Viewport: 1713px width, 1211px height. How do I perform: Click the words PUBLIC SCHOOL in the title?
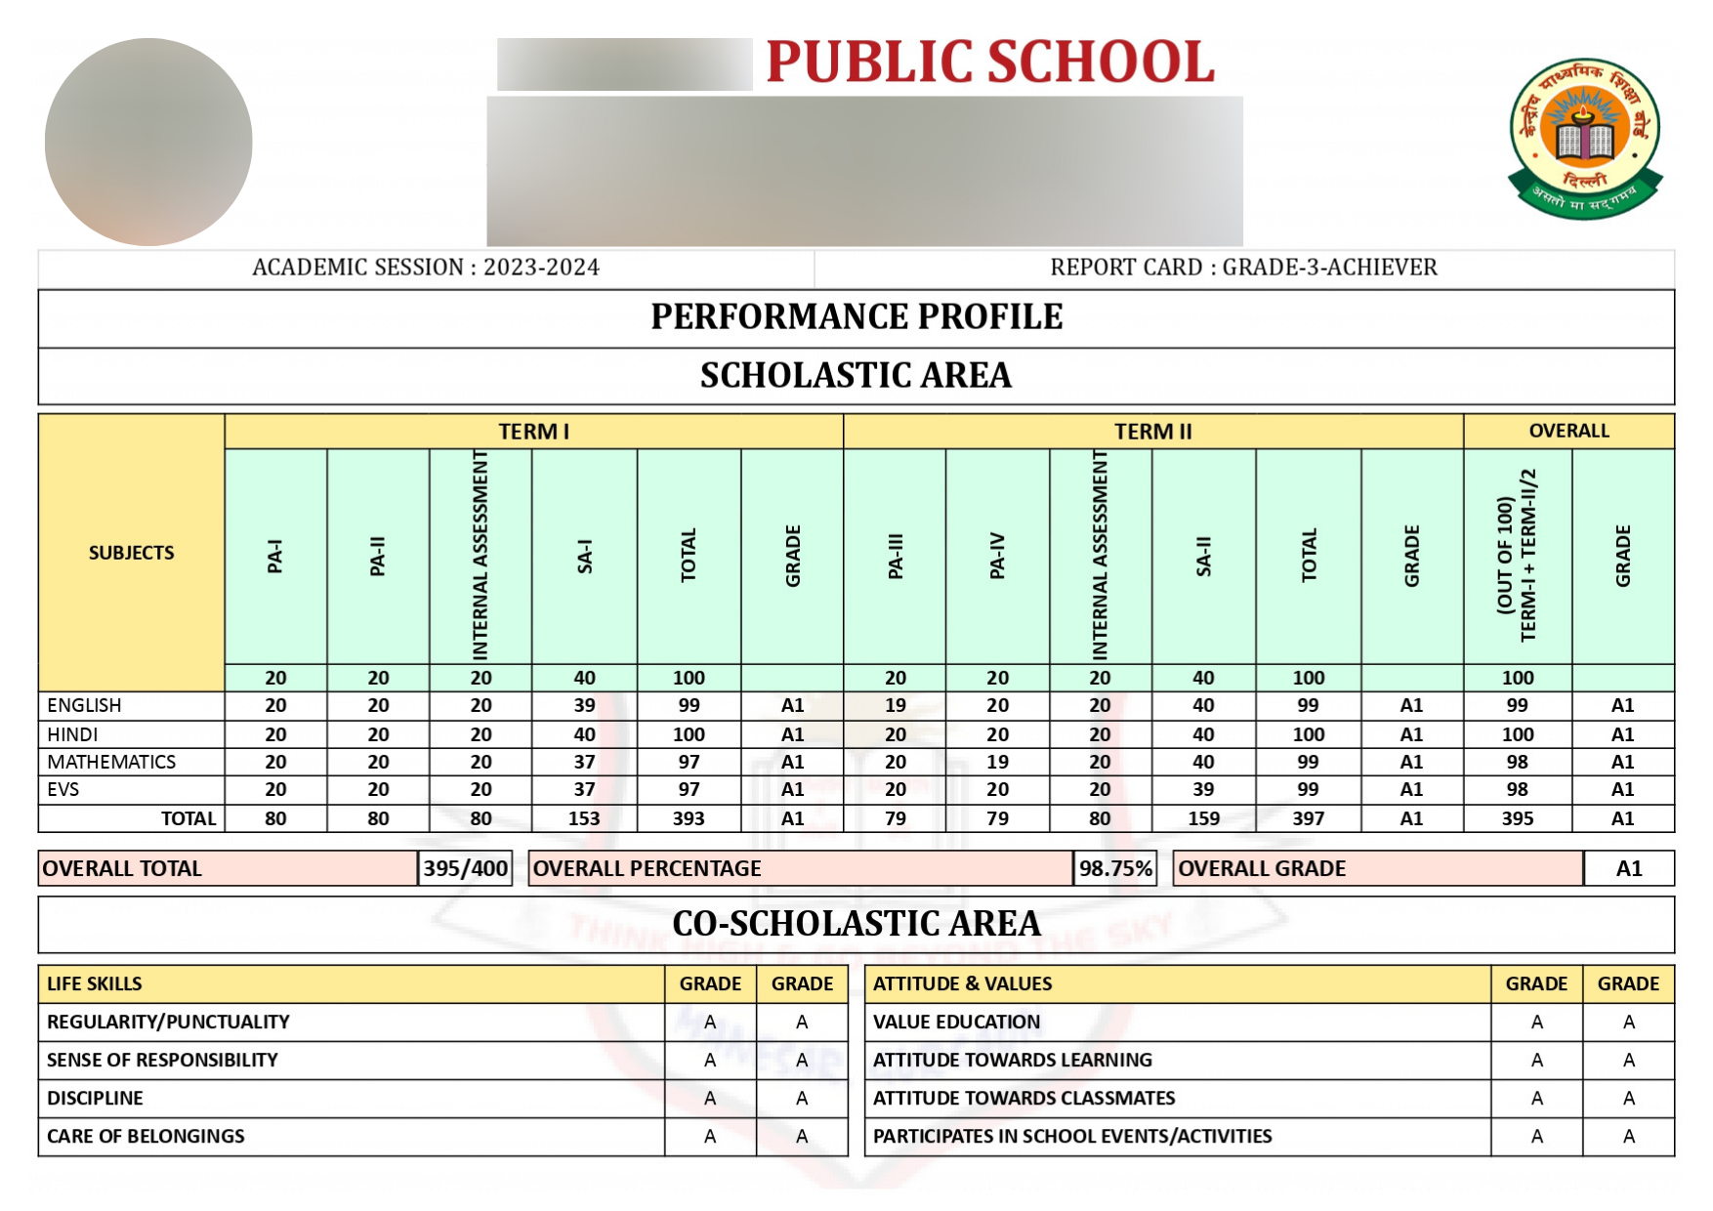click(989, 63)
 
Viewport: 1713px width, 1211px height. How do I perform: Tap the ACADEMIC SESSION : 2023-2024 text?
click(426, 268)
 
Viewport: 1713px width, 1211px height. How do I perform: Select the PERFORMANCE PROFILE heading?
click(856, 317)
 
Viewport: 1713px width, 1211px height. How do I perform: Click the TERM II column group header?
click(1152, 432)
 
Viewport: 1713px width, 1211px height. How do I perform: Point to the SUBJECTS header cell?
click(131, 553)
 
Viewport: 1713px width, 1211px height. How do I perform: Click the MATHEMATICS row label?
click(111, 762)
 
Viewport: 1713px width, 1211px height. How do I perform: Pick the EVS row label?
click(63, 789)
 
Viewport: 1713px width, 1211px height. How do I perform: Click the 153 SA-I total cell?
click(584, 818)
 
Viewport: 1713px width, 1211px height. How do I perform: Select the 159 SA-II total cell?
click(1203, 818)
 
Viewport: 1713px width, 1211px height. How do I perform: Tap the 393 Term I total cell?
click(689, 818)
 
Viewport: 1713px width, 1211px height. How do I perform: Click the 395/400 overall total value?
click(465, 868)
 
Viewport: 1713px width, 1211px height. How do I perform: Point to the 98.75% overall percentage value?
click(1115, 868)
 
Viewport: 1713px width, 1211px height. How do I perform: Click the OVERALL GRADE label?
click(1262, 868)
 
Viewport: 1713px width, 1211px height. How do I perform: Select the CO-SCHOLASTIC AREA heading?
click(856, 924)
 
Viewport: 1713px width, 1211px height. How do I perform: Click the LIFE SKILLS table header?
click(95, 983)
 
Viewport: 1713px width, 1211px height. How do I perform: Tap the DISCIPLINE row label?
click(95, 1098)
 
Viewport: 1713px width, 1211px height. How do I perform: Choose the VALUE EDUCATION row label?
click(956, 1022)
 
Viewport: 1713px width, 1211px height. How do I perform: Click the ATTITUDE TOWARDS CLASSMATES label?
click(1024, 1098)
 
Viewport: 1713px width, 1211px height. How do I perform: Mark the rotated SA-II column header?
click(1203, 556)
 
